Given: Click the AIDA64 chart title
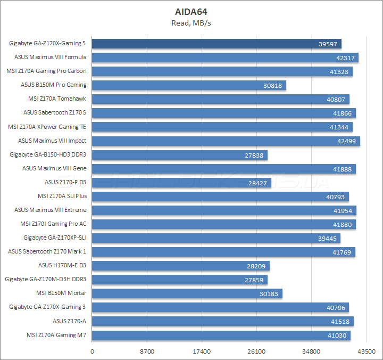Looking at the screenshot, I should tap(191, 11).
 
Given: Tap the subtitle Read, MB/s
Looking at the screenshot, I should tap(191, 22).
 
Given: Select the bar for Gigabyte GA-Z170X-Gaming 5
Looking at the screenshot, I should tap(217, 44).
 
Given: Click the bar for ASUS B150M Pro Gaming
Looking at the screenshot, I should tap(189, 85).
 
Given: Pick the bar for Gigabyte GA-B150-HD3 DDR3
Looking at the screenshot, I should tap(180, 155).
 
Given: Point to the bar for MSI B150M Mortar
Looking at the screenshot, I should tap(187, 293).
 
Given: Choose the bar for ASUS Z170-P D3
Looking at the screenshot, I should tap(182, 183).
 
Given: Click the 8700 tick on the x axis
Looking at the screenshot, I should tap(147, 351).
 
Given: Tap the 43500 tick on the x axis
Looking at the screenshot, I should tap(367, 351).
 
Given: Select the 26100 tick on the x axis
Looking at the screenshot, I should tap(257, 351).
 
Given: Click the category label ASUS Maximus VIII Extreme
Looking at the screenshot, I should tap(51, 210).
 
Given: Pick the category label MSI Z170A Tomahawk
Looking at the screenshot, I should tap(57, 99).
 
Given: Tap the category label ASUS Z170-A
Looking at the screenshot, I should tap(70, 321).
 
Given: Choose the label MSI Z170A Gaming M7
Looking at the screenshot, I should tap(56, 334).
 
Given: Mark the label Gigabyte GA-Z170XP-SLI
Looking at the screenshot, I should tap(55, 238).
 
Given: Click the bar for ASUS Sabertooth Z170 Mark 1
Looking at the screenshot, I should tap(224, 252).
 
